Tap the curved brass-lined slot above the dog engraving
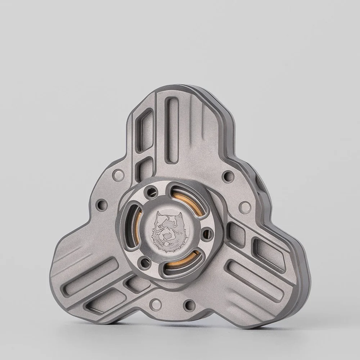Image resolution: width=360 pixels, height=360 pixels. pyautogui.click(x=184, y=198)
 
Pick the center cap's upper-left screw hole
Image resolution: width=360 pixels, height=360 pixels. pyautogui.click(x=149, y=193)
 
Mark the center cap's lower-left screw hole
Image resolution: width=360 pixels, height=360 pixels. pyautogui.click(x=145, y=262)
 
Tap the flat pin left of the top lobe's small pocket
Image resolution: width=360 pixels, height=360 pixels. pyautogui.click(x=118, y=175)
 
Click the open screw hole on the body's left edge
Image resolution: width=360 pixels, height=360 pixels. pyautogui.click(x=102, y=205)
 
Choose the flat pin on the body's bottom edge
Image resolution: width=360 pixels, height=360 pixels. pyautogui.click(x=156, y=304)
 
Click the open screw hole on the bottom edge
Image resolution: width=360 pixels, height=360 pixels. pyautogui.click(x=189, y=305)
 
